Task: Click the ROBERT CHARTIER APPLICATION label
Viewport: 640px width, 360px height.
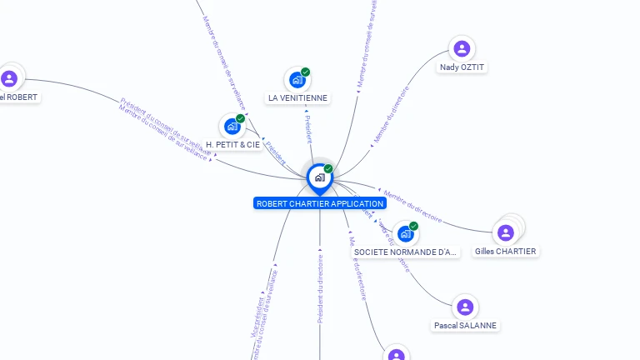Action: pos(320,203)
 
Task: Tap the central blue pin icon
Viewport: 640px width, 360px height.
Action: pos(319,177)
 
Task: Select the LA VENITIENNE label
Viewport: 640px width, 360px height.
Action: pos(297,97)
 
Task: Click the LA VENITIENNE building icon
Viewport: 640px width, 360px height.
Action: pos(297,80)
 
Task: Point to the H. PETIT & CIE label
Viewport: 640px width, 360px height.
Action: pos(232,144)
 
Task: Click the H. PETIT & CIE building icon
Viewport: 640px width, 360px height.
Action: pos(232,127)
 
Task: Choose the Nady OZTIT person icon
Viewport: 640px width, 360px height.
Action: pos(462,49)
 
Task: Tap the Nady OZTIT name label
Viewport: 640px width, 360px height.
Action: pos(462,67)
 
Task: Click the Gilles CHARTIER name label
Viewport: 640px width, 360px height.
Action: pos(506,251)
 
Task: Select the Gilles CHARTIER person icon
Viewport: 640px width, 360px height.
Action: pos(505,232)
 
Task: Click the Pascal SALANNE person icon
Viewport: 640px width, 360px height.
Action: pos(465,307)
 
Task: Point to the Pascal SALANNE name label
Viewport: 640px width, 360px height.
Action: pos(466,325)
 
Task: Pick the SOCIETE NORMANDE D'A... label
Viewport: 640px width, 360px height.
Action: pos(406,252)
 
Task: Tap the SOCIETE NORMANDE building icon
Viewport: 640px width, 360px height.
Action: pos(405,234)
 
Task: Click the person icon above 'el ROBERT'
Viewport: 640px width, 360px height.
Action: pos(9,79)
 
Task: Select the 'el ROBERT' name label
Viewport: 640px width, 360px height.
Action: pos(19,97)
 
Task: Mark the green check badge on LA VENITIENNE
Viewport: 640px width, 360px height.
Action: pos(306,72)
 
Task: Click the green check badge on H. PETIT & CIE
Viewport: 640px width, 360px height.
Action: pos(240,118)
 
